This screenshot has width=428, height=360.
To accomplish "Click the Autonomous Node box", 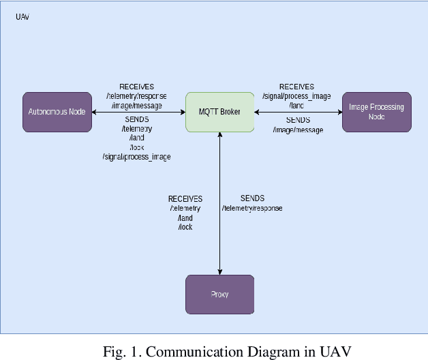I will coord(57,112).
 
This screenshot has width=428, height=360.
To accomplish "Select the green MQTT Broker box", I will coord(219,112).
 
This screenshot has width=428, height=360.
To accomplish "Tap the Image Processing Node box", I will coord(376,112).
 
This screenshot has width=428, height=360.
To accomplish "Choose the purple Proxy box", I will coord(219,295).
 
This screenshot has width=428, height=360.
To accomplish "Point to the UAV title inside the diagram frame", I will coord(22,16).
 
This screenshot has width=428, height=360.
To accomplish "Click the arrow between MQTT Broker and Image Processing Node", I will coord(298,112).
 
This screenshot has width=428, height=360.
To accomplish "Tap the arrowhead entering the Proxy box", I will coord(219,271).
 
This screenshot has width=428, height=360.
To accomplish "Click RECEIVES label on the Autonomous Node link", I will coord(136,87).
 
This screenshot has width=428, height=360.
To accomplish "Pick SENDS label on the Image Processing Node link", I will coord(298,120).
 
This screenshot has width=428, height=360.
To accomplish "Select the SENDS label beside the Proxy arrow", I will coord(252,198).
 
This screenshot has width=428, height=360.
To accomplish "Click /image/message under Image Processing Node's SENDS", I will coord(298,129).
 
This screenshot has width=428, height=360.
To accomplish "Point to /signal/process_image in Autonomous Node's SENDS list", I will coord(136,157).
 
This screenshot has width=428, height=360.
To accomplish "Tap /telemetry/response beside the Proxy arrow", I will coord(252,208).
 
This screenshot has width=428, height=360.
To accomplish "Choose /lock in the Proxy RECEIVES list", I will coord(185,227).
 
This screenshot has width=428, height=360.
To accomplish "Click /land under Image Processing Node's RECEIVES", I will coord(296,105).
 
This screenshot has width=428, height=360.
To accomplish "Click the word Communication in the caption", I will coord(187,352).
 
